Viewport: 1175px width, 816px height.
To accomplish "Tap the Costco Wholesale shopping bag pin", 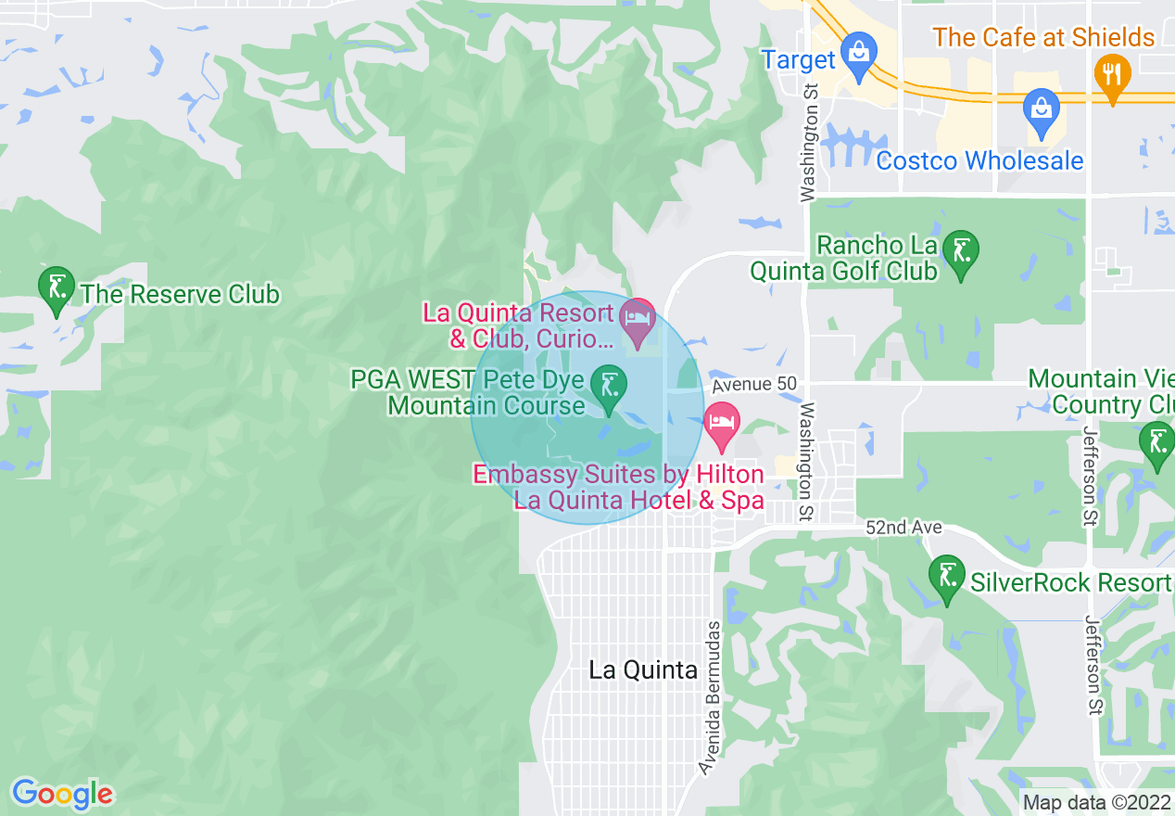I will pos(1042,109).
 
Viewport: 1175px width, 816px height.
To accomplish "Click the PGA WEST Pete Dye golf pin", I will pos(610,388).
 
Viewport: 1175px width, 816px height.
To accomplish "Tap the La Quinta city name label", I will pos(643,670).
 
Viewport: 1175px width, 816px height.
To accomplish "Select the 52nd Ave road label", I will pos(903,528).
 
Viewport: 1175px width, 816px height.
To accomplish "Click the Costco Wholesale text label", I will pos(979,160).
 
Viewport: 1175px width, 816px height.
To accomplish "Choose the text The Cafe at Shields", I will pos(1043,38).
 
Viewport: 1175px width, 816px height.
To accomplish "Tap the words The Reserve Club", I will pos(180,295).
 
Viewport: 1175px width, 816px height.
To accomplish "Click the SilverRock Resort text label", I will pos(1070,583).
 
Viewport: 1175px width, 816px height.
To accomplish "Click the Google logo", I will pos(62,794).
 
